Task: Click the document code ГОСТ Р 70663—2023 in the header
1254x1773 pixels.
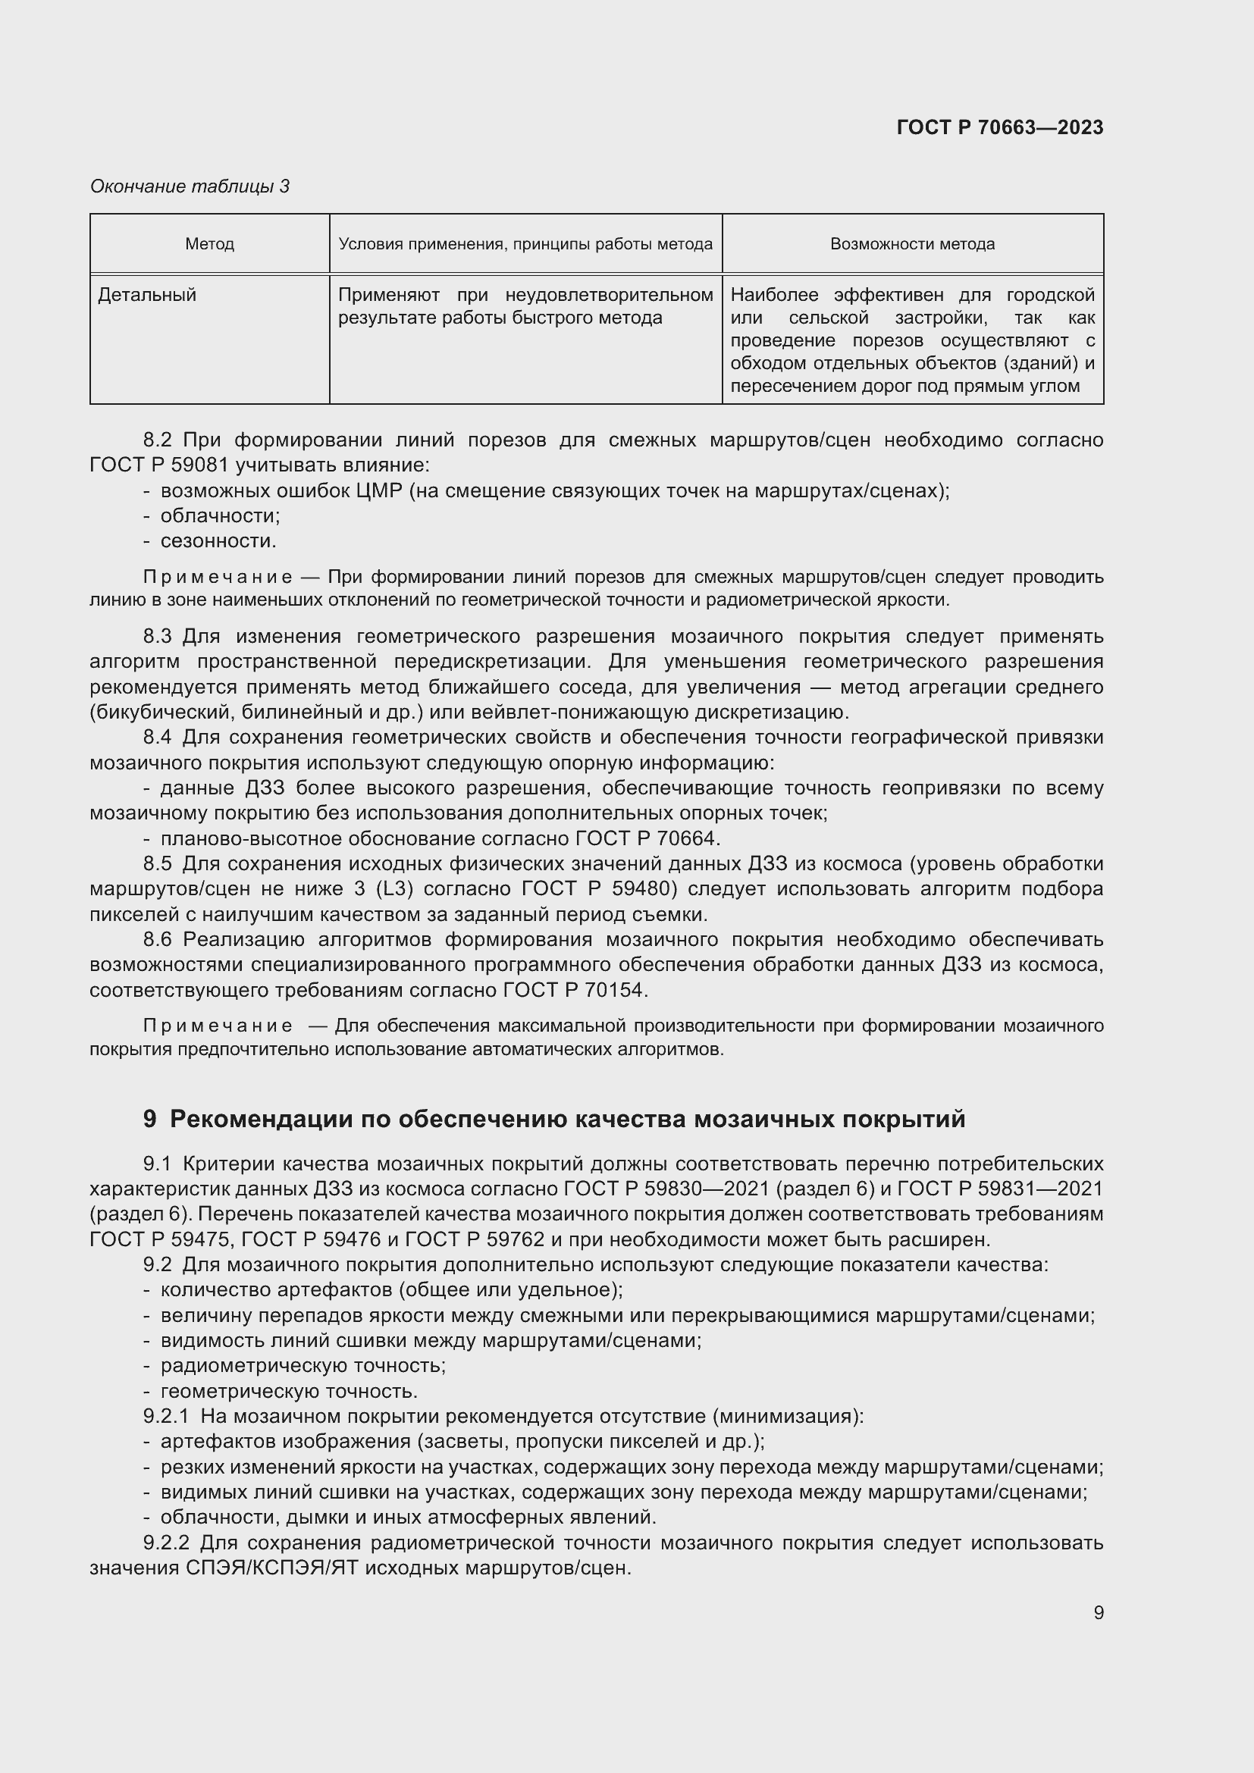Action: [x=999, y=127]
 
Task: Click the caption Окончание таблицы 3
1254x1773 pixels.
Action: [x=190, y=186]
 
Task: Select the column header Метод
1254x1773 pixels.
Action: [x=209, y=244]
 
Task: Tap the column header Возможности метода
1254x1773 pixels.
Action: [x=912, y=244]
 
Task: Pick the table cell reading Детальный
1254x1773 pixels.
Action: [x=147, y=295]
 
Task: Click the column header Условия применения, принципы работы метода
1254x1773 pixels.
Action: [x=525, y=244]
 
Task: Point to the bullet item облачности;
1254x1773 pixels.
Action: [x=220, y=516]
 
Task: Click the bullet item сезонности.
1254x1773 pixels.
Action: [x=218, y=541]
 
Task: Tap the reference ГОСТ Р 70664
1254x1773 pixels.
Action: [x=647, y=838]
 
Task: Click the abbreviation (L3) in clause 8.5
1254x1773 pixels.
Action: [x=394, y=889]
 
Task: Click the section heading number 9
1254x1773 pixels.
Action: [x=150, y=1119]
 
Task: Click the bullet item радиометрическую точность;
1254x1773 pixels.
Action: [x=303, y=1366]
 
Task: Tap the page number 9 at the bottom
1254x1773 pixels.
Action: [x=1098, y=1612]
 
